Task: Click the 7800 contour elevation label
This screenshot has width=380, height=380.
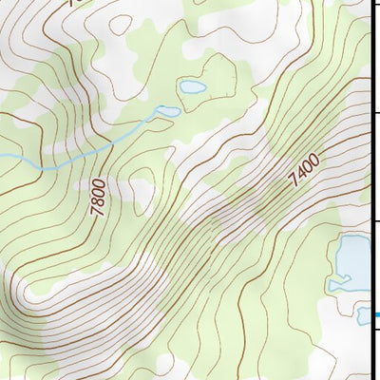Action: (x=99, y=197)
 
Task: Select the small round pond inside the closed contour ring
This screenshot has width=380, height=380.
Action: (x=193, y=87)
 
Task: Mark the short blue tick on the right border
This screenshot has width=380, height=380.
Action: (x=376, y=315)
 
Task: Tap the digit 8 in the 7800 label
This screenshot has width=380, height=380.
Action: (x=98, y=201)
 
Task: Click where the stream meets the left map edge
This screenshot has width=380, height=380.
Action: (x=2, y=155)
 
